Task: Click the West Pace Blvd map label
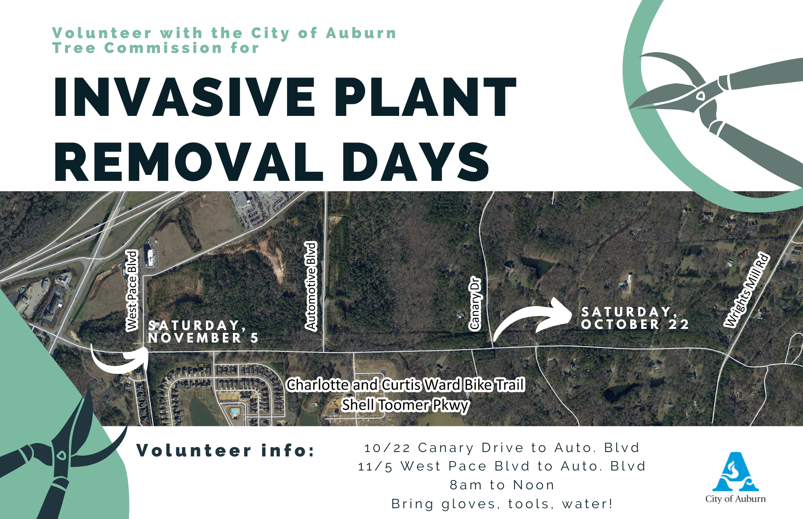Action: (x=132, y=290)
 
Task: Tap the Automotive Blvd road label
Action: (x=311, y=286)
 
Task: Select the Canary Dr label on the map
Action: (x=475, y=304)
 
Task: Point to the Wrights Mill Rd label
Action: (x=747, y=290)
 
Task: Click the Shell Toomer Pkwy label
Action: (x=406, y=405)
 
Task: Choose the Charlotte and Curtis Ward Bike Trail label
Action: (x=406, y=384)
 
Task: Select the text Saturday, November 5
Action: (x=203, y=332)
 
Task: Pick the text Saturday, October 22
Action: (x=635, y=318)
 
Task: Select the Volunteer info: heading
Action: (x=226, y=450)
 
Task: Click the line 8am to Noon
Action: (x=502, y=485)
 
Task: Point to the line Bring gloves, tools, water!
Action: (x=502, y=504)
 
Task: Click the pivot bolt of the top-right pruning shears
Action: (x=701, y=96)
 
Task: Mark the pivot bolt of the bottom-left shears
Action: (x=61, y=456)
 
